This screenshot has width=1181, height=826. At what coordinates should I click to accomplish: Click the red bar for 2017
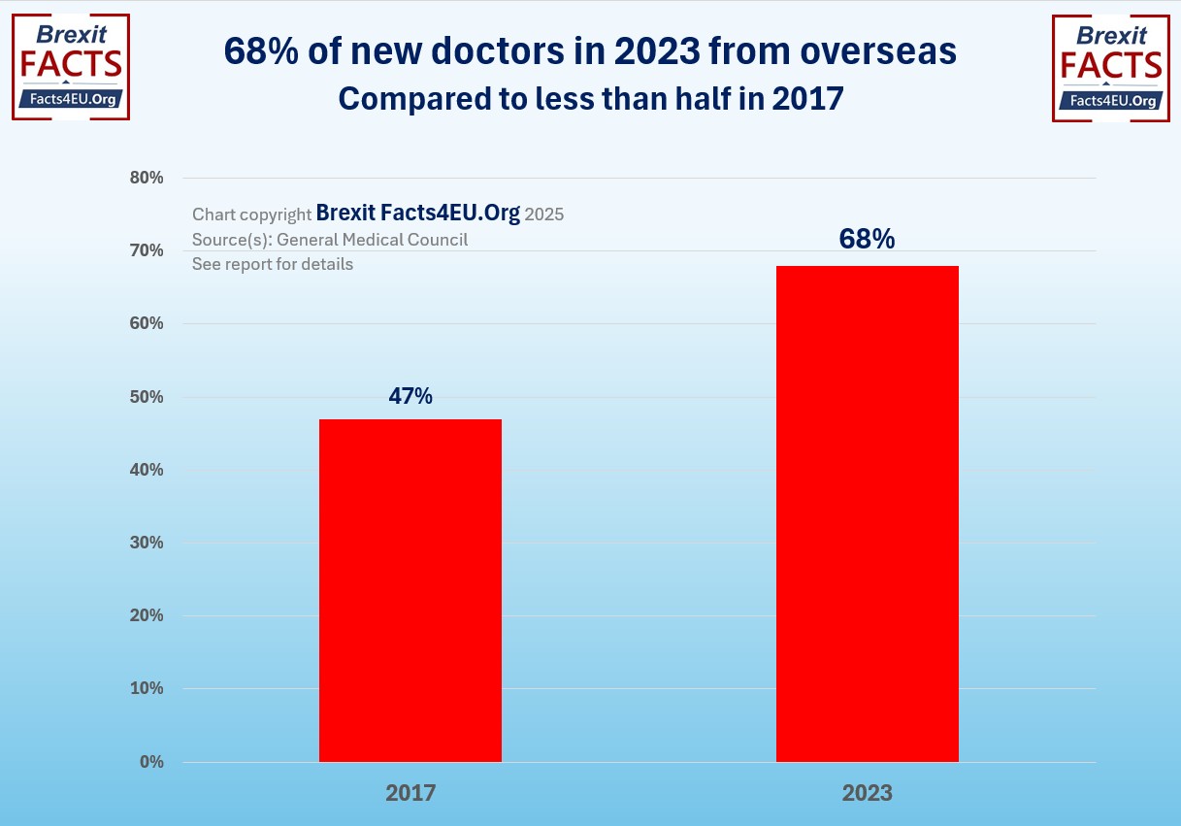(410, 590)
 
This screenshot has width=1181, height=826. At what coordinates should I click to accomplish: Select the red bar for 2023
(868, 513)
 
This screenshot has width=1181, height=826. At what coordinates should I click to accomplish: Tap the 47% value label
(410, 396)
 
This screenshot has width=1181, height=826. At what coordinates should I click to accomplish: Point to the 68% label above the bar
(868, 239)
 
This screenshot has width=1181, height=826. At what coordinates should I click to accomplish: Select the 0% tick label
(150, 762)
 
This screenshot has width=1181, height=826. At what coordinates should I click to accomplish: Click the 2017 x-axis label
(410, 793)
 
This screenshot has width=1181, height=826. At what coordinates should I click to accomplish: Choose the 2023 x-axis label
(868, 793)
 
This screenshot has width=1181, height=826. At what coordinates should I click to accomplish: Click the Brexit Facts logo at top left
(71, 67)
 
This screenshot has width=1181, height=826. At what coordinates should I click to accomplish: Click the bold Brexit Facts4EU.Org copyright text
(418, 214)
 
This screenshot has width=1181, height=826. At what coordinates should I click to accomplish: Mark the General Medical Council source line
(330, 239)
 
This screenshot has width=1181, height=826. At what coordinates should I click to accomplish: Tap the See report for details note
(273, 264)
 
